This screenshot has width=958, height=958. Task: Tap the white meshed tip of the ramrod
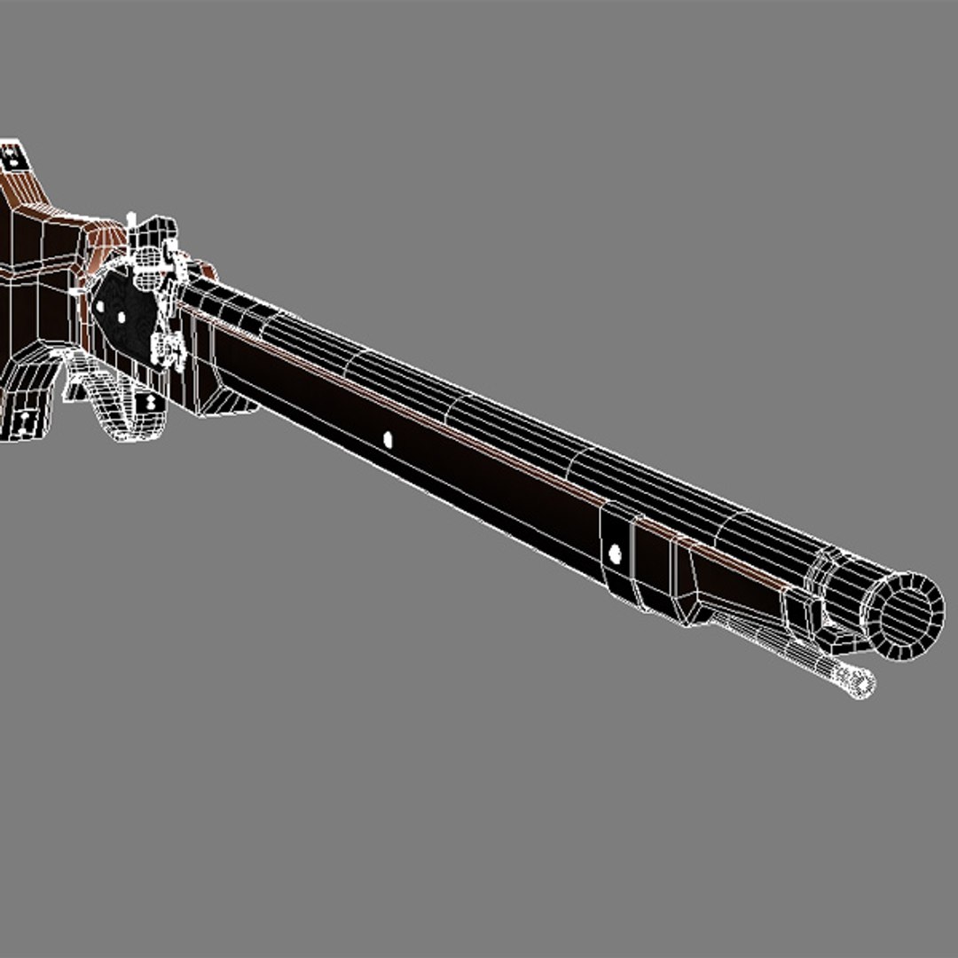pyautogui.click(x=857, y=680)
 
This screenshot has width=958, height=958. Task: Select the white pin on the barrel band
pyautogui.click(x=614, y=554)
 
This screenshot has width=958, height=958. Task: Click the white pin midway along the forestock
pyautogui.click(x=387, y=437)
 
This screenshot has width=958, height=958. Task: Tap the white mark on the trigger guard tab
pyautogui.click(x=149, y=401)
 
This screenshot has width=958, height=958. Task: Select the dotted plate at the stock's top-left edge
pyautogui.click(x=13, y=157)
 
